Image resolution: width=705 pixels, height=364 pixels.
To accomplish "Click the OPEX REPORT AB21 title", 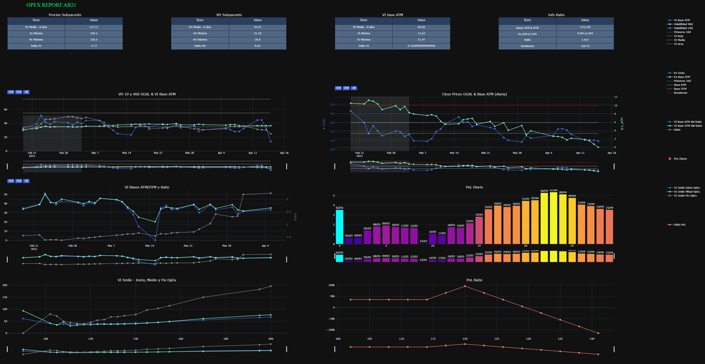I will click(51, 5).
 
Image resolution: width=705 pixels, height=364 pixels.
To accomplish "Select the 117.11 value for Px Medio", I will click(93, 27).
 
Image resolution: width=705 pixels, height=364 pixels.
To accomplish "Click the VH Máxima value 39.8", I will click(257, 39).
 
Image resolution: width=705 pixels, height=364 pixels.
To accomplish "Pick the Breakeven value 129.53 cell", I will click(585, 46).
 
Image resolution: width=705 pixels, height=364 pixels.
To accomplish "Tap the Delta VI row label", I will click(363, 46).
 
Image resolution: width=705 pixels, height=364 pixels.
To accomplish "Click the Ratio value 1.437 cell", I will click(585, 40).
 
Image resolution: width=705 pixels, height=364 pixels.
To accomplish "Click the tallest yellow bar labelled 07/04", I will click(553, 218).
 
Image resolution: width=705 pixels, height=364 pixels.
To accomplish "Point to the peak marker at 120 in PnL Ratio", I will click(465, 286).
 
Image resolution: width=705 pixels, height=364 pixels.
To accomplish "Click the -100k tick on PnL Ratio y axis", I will click(331, 330).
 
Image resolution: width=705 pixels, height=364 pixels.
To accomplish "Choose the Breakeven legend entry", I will click(680, 93).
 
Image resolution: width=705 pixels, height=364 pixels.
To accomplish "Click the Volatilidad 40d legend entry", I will click(683, 24).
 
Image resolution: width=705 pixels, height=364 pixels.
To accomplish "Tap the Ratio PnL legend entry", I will click(679, 225).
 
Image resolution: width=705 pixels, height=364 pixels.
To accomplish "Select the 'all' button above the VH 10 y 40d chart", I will click(26, 92).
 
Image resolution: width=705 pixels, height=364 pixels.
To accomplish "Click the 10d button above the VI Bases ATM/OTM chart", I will click(11, 181).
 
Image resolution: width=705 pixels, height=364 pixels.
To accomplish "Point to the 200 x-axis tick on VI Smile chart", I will click(270, 339).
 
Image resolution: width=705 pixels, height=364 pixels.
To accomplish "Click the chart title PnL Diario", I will click(474, 187).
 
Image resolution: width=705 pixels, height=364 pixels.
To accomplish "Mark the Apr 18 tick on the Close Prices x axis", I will click(612, 153).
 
